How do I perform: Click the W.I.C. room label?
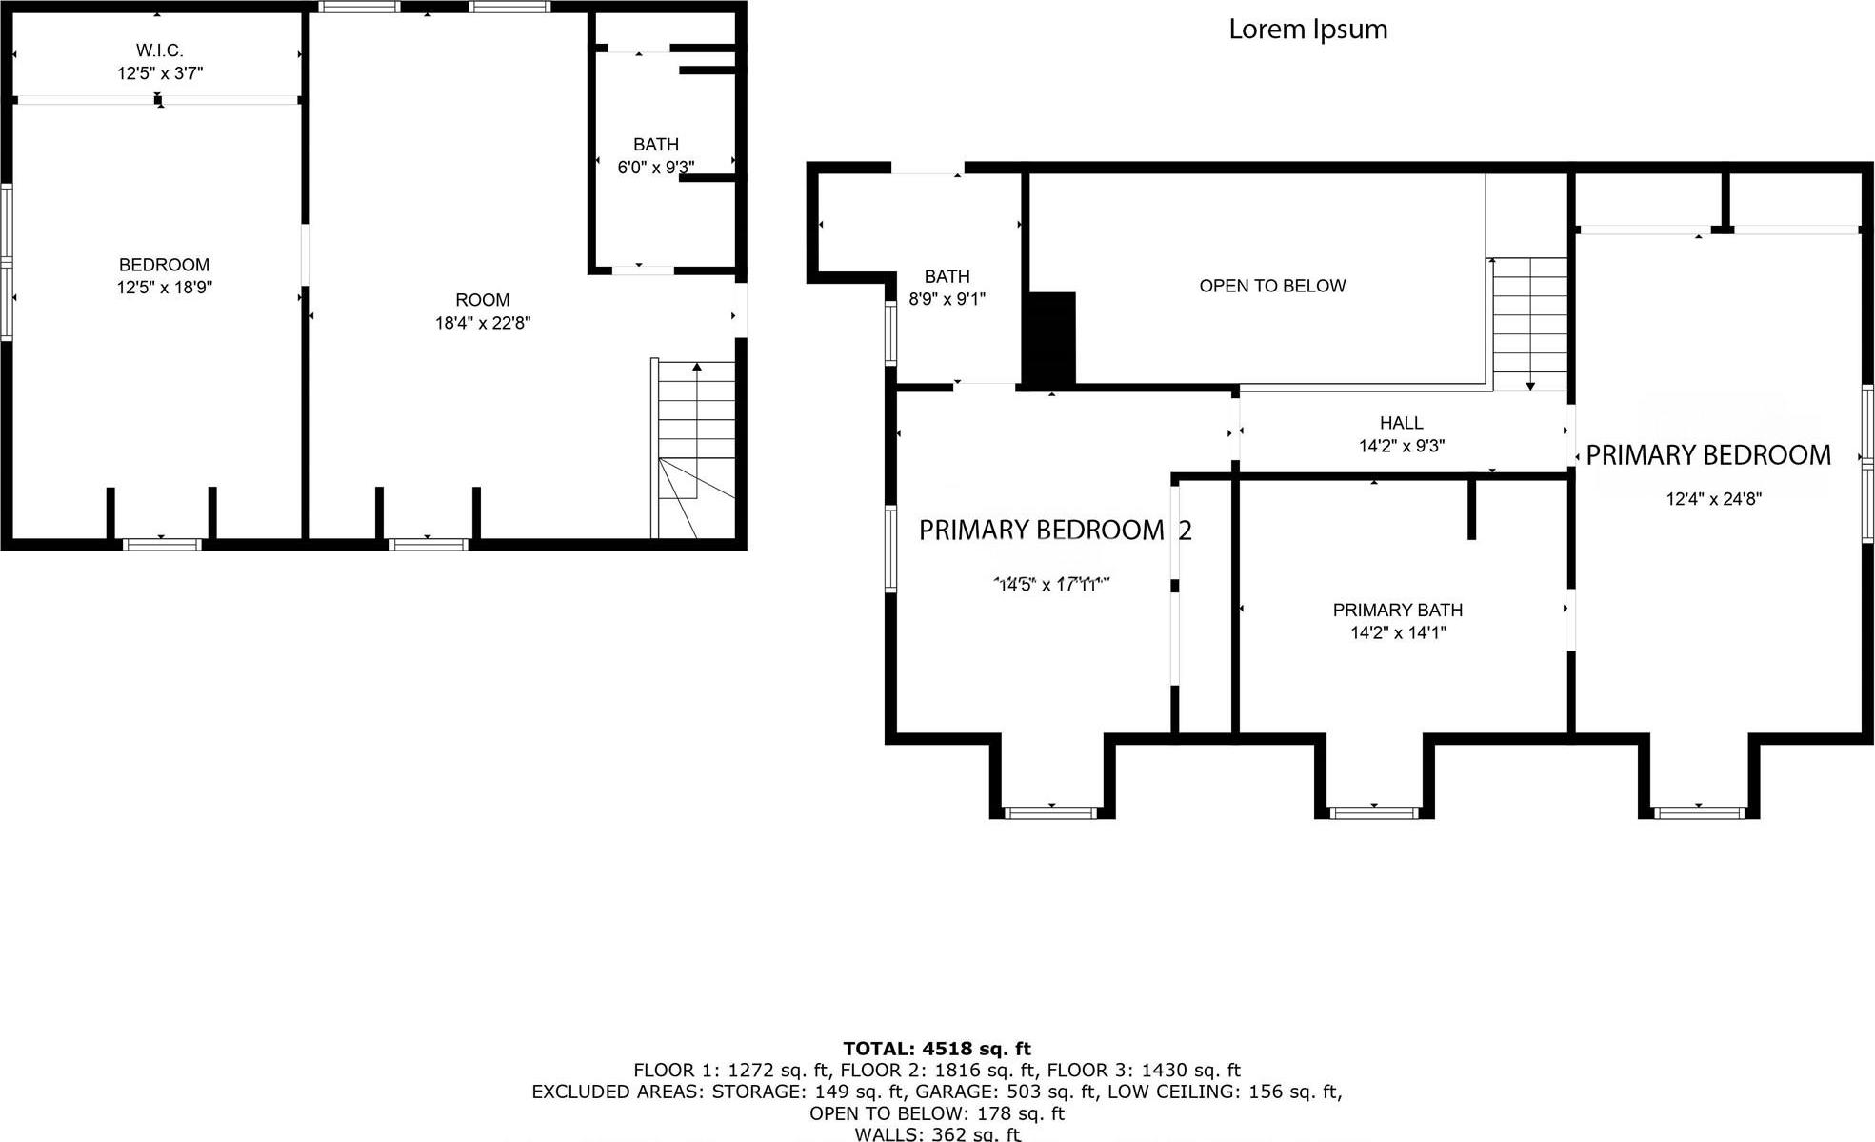pos(159,50)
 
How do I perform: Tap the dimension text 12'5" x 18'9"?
pos(164,288)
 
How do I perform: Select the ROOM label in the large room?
pos(482,300)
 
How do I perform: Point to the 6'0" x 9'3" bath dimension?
pos(655,168)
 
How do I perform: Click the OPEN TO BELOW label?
pos(1272,286)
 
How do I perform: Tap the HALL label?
pos(1401,423)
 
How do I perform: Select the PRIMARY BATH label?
pos(1397,610)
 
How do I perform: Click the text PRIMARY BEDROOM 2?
pos(1054,531)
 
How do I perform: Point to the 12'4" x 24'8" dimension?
pos(1713,498)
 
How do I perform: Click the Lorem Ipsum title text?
pos(1307,30)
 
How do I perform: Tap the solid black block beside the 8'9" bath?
pos(1049,338)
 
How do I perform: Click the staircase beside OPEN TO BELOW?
pos(1528,324)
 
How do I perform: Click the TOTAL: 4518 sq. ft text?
pos(936,1049)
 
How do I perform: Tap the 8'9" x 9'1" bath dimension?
pos(947,299)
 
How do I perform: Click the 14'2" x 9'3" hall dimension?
pos(1401,446)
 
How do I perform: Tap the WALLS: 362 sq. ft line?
pos(936,1133)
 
